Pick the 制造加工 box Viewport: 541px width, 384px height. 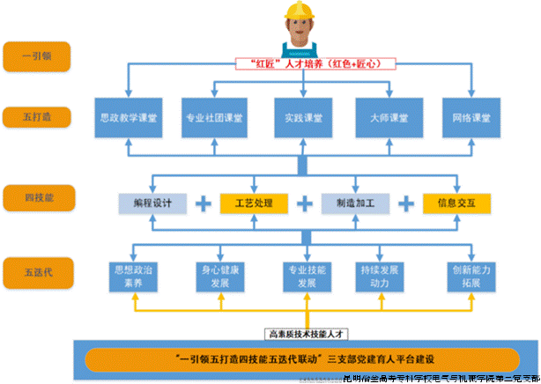tap(354, 203)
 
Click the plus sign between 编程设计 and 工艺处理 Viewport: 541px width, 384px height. tap(204, 203)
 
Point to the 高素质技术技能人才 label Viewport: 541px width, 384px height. tap(301, 334)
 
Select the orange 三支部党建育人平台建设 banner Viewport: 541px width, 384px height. tap(301, 358)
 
